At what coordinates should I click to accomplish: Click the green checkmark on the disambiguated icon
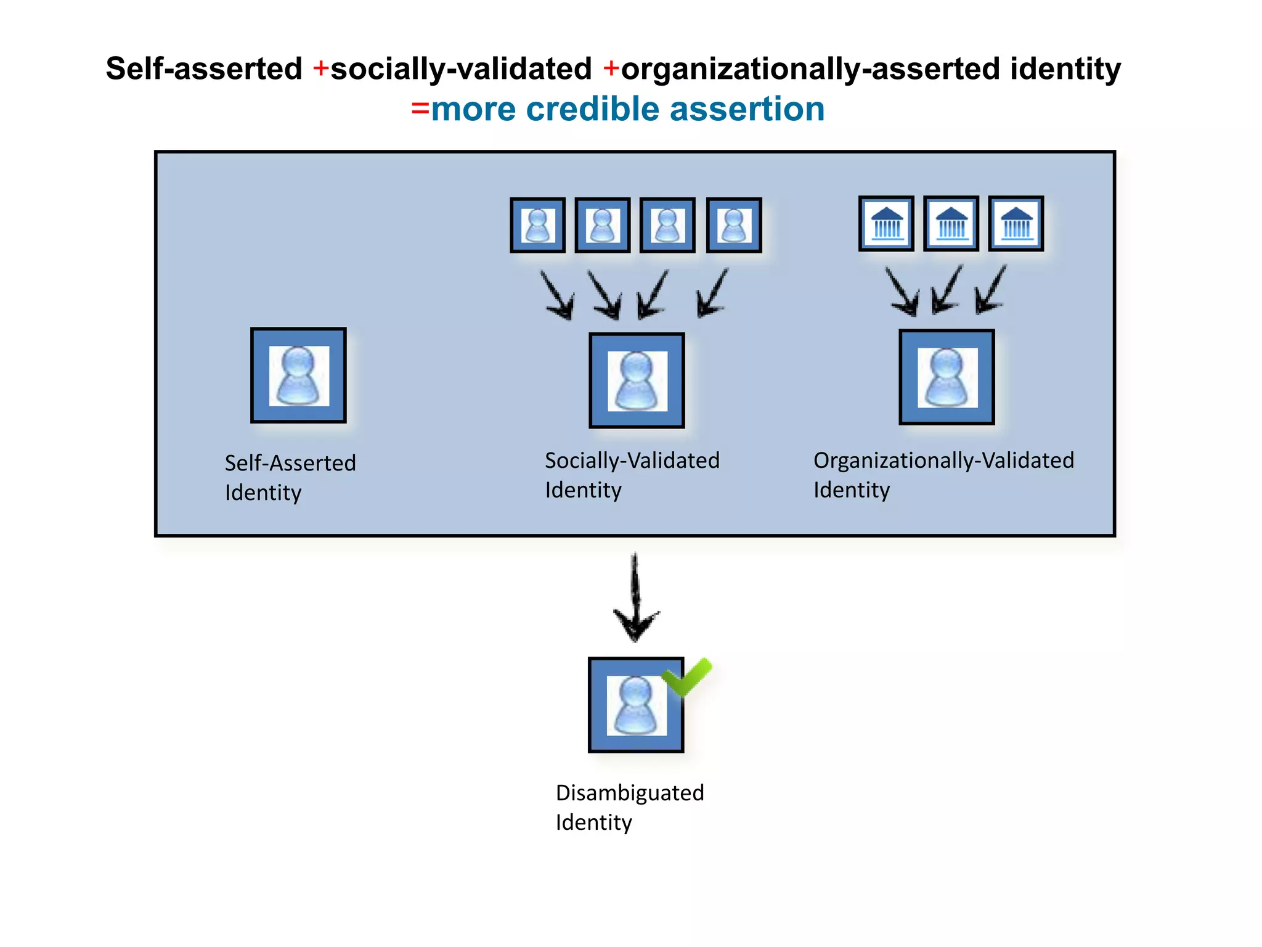[687, 676]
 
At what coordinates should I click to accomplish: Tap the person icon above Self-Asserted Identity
[298, 375]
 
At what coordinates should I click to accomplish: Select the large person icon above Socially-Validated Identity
[637, 380]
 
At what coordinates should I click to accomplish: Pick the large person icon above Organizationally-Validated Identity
[946, 377]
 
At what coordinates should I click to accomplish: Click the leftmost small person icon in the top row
[537, 225]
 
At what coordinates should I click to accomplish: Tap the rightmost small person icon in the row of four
[733, 225]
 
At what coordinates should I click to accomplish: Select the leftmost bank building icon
[886, 223]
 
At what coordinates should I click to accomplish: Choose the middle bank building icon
[951, 223]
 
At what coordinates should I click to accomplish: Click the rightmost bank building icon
[1016, 223]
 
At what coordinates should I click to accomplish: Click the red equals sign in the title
[420, 109]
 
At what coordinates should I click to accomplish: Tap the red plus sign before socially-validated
[320, 68]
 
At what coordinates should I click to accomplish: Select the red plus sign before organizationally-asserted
[611, 68]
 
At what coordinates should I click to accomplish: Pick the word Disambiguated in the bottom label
[629, 793]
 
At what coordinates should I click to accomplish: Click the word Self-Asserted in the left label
[290, 463]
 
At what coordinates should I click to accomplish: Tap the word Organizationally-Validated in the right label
[943, 461]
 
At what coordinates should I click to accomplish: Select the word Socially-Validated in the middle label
[632, 461]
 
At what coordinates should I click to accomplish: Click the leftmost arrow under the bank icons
[902, 292]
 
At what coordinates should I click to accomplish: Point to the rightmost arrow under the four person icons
[712, 293]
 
